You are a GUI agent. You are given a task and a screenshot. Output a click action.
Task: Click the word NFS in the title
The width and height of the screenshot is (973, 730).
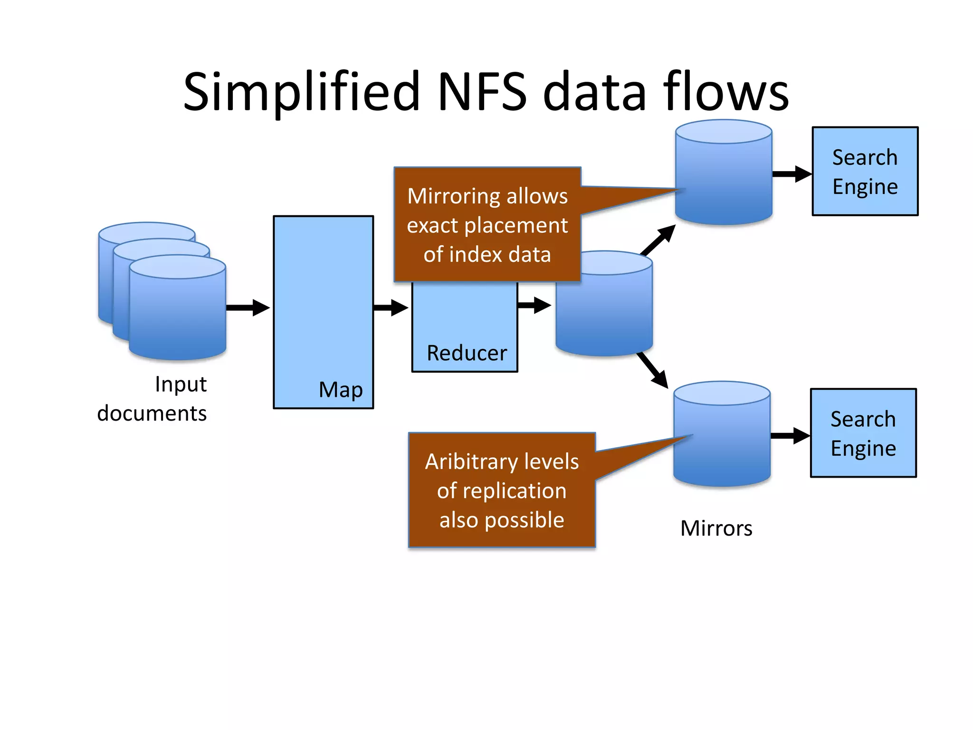point(482,91)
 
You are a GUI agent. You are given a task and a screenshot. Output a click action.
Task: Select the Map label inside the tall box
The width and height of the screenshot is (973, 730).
point(341,390)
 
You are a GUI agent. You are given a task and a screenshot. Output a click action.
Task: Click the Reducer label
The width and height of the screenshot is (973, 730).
point(467,353)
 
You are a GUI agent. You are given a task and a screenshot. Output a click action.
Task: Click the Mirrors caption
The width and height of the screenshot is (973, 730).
point(716,528)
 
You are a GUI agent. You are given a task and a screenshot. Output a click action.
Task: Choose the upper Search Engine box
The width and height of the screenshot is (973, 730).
point(865,171)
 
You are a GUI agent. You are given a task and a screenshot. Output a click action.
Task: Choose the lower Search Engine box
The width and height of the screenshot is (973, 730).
point(863,433)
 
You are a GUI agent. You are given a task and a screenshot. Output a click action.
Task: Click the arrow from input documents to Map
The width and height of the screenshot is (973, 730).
point(248,307)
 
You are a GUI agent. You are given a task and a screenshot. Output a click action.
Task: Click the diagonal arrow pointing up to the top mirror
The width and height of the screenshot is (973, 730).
point(658,240)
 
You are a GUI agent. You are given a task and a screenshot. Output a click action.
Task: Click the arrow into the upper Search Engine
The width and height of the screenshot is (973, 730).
point(792,174)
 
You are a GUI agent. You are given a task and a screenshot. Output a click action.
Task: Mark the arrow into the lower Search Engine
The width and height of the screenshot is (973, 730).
point(790,435)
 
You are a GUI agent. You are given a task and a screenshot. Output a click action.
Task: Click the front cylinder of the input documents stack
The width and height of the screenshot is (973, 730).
point(177,314)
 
